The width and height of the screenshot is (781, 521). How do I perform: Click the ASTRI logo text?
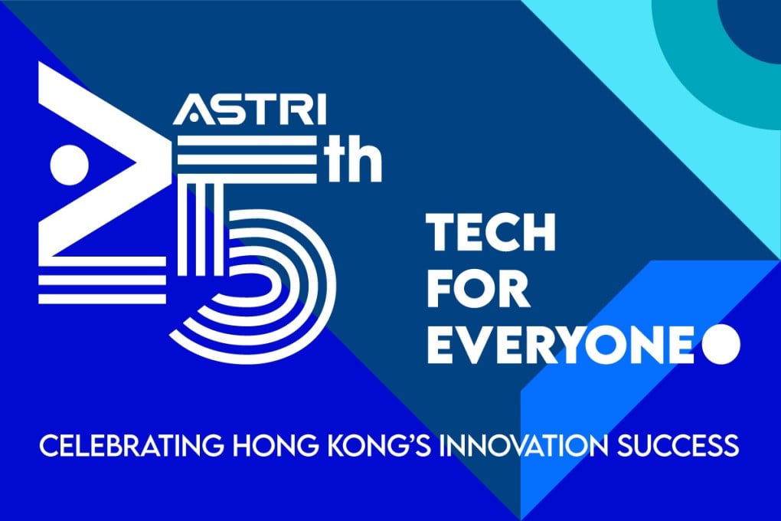pos(250,112)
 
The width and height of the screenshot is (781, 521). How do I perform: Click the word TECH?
pos(491,231)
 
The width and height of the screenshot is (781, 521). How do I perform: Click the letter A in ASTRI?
pos(190,113)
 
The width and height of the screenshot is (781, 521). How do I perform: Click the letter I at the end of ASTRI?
pos(320,112)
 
